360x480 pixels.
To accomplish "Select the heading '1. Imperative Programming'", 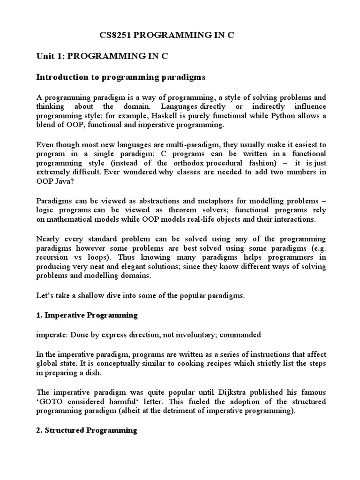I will click(87, 315).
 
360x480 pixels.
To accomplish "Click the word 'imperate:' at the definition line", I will click(51, 335).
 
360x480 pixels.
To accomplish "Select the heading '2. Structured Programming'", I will click(87, 430).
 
